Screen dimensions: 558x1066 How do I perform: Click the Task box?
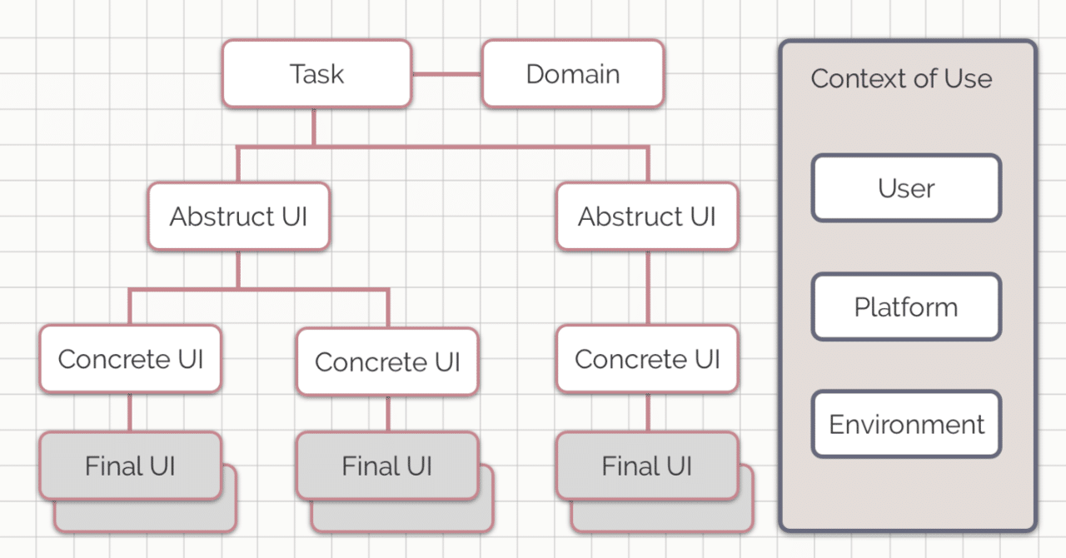[316, 74]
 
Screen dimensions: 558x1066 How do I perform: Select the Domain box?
[573, 74]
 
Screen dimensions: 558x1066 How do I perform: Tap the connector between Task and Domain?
[447, 74]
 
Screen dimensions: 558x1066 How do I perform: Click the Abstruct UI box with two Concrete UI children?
[239, 217]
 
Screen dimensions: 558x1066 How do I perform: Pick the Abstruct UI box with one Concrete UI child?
[647, 217]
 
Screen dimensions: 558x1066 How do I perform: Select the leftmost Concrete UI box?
[130, 359]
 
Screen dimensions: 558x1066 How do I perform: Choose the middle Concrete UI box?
[387, 361]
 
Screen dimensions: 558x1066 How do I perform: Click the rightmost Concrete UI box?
[647, 359]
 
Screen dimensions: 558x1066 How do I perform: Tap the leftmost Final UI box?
[130, 466]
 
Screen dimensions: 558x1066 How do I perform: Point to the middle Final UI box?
[387, 466]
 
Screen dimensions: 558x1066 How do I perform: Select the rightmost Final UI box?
[647, 466]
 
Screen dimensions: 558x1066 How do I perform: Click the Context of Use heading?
[901, 79]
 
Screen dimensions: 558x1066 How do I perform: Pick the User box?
[906, 188]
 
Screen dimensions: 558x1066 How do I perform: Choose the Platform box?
[906, 307]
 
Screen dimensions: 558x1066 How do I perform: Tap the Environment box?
[906, 425]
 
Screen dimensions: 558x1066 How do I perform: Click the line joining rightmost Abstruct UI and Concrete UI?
[647, 287]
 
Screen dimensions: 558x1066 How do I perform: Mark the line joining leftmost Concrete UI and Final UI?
[130, 412]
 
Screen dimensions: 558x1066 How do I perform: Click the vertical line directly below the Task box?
[314, 127]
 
